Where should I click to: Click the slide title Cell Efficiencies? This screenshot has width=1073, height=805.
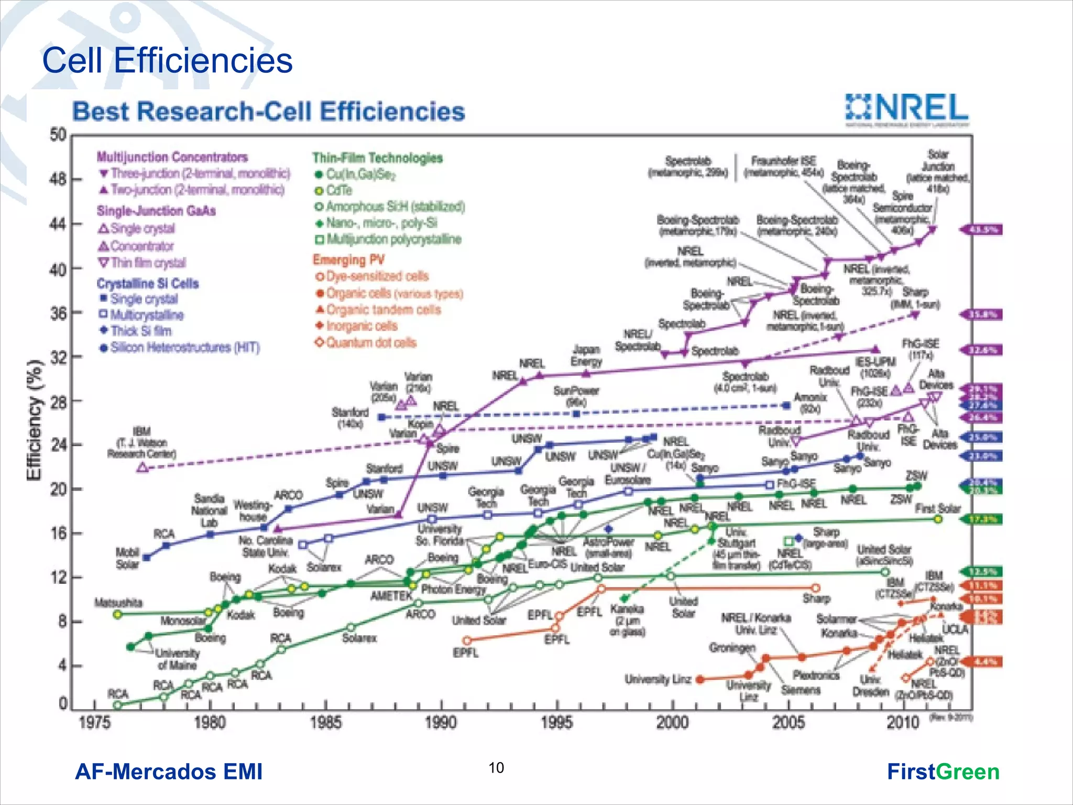pyautogui.click(x=167, y=60)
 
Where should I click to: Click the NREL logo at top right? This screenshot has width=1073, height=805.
pyautogui.click(x=907, y=110)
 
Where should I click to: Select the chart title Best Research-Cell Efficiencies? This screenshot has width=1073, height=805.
pyautogui.click(x=268, y=112)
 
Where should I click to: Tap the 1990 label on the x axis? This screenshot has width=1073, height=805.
pyautogui.click(x=441, y=723)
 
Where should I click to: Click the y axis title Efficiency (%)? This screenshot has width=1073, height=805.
pyautogui.click(x=34, y=420)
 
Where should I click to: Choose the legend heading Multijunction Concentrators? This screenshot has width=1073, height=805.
pyautogui.click(x=172, y=157)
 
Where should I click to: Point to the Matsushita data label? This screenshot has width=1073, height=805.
pyautogui.click(x=118, y=603)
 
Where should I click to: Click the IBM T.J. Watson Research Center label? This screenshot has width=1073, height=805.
pyautogui.click(x=141, y=443)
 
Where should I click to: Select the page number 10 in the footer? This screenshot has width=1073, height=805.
pyautogui.click(x=496, y=768)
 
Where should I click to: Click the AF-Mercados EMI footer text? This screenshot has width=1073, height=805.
pyautogui.click(x=169, y=772)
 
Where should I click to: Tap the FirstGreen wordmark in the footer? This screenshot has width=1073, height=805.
pyautogui.click(x=943, y=772)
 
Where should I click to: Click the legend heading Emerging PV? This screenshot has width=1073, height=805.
pyautogui.click(x=348, y=260)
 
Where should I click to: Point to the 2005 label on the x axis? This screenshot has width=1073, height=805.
pyautogui.click(x=788, y=723)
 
